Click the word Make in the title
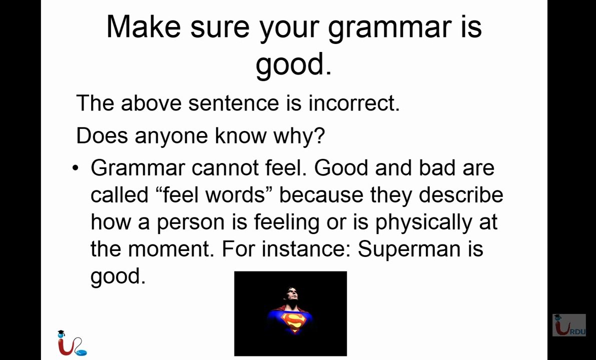pyautogui.click(x=144, y=27)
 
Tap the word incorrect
pyautogui.click(x=354, y=103)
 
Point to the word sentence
pyautogui.click(x=233, y=103)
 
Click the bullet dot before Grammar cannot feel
pyautogui.click(x=76, y=167)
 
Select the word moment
pyautogui.click(x=169, y=250)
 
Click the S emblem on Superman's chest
pyautogui.click(x=293, y=322)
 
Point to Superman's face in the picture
pyautogui.click(x=291, y=295)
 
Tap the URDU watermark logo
pyautogui.click(x=569, y=325)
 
